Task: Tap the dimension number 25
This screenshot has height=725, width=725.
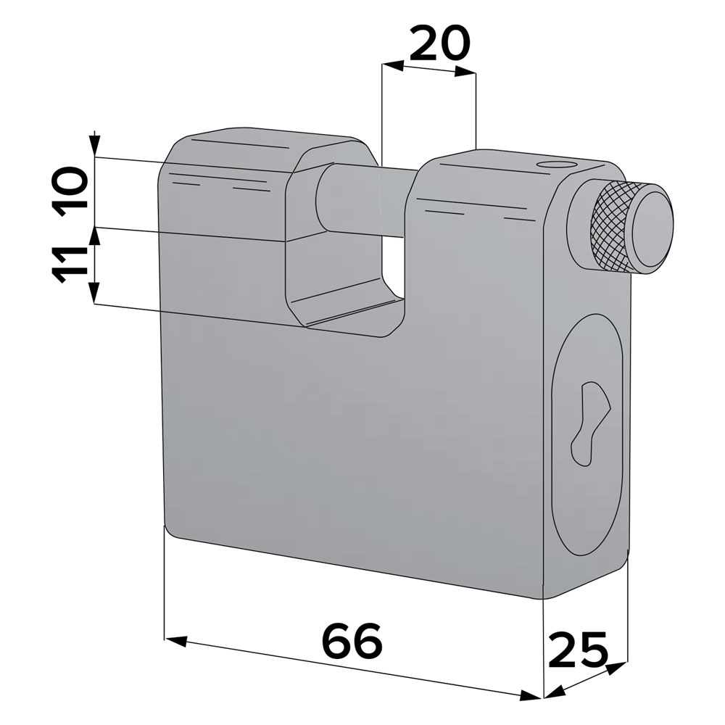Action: coord(578,650)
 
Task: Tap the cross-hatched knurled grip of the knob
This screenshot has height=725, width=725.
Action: coord(610,226)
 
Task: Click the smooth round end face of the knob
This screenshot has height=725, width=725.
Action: coord(652,225)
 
